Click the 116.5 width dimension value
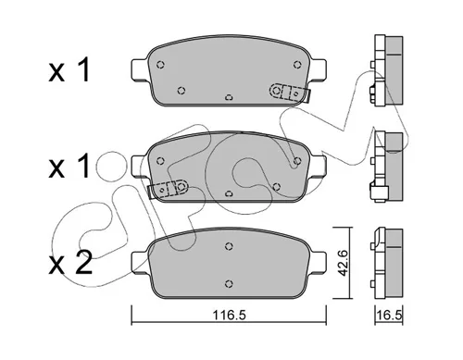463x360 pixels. [x=229, y=316]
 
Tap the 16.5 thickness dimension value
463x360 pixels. [x=390, y=316]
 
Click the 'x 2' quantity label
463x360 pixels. [x=70, y=262]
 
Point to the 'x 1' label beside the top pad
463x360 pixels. [x=69, y=69]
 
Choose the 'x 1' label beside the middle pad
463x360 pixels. [x=69, y=167]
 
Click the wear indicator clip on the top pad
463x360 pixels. [x=290, y=93]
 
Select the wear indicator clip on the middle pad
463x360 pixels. [x=168, y=188]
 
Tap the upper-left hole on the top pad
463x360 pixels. [x=160, y=65]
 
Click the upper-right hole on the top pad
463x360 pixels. [x=297, y=65]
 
